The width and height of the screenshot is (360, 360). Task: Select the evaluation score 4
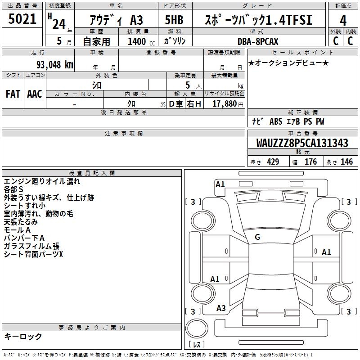coord(343,20)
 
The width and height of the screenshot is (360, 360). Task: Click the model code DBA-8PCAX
coord(258,41)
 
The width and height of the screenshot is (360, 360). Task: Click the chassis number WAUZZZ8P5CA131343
coord(302,144)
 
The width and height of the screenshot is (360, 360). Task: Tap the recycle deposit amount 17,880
coord(224,104)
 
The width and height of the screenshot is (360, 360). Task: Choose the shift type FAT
coord(13,94)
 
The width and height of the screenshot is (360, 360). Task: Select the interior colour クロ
coord(131,104)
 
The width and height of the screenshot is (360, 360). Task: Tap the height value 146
coord(346,162)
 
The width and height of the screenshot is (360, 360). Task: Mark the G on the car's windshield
coord(257,237)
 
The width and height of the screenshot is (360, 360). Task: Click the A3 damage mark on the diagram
coord(221,308)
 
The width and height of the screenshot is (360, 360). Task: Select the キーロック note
coord(23,337)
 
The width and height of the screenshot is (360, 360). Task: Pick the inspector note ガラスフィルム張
coord(31,246)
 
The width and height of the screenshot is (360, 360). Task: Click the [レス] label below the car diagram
coord(197,345)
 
